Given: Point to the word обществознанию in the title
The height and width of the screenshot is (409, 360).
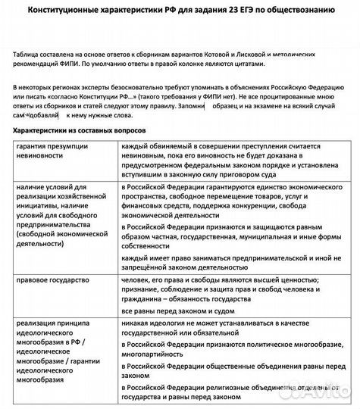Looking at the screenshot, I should (310, 10).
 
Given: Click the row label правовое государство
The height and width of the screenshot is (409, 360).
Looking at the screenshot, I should (52, 280).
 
